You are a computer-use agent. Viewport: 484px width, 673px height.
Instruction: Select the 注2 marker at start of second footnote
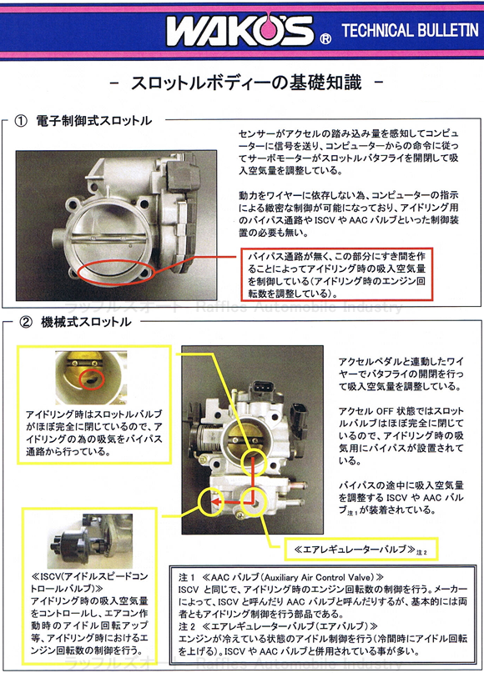[188, 625]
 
